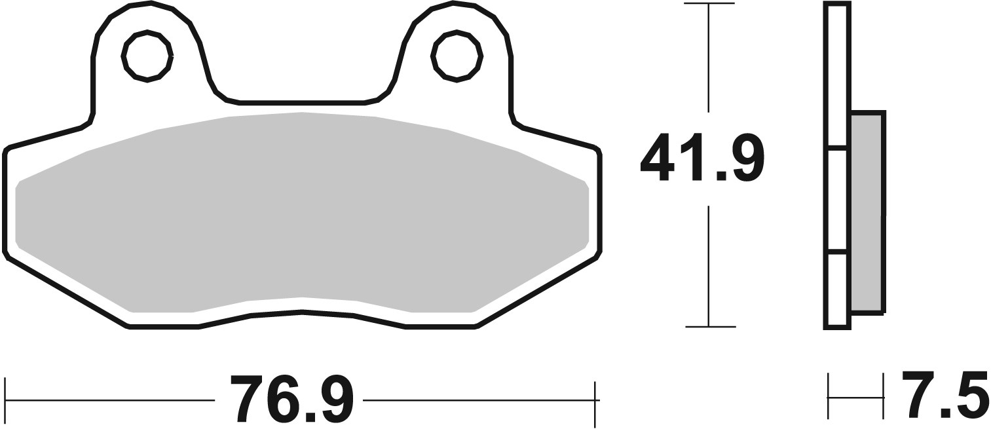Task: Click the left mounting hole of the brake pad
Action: (x=147, y=56)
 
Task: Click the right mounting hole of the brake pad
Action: (x=457, y=56)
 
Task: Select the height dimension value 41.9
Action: (x=701, y=159)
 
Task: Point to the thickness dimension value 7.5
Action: (x=945, y=395)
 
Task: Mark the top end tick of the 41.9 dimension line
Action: (x=709, y=4)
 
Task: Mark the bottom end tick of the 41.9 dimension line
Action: (x=709, y=326)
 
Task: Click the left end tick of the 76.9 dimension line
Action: (x=5, y=400)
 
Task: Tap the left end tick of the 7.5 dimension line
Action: (x=829, y=396)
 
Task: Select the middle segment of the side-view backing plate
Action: (x=836, y=200)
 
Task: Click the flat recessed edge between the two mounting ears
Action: (x=301, y=103)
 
